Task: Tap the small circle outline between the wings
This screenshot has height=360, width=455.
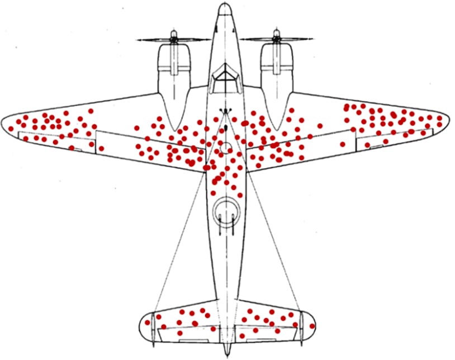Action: pos(226,148)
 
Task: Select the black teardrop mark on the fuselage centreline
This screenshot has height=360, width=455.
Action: pos(226,131)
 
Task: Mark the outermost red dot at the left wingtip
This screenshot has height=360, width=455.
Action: pos(10,129)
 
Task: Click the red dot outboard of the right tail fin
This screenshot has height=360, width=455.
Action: pos(312,326)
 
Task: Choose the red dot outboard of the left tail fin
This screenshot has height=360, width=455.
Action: pos(148,323)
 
